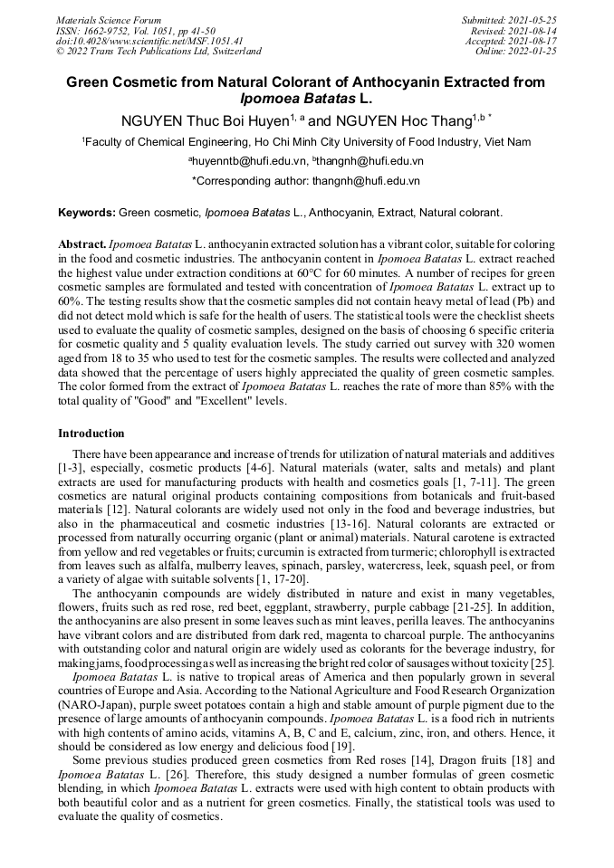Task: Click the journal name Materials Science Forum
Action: point(109,19)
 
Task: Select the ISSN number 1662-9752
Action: point(106,30)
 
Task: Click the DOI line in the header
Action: point(149,41)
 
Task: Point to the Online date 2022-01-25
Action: point(533,52)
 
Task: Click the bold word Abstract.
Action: point(82,245)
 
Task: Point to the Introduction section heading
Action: point(91,434)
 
